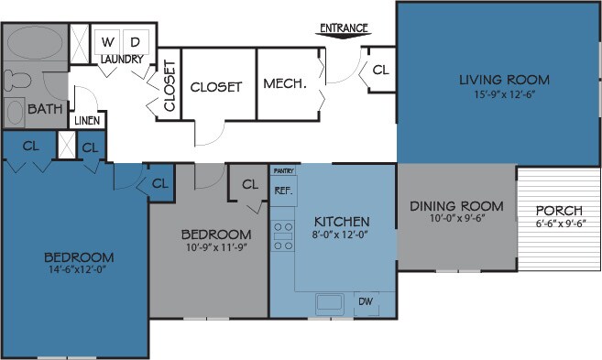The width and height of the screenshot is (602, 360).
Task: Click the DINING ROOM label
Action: (455, 204)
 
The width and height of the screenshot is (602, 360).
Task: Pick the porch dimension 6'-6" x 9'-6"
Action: (560, 223)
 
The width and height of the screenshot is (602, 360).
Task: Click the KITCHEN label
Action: (341, 222)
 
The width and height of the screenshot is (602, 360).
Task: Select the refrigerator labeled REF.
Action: (282, 191)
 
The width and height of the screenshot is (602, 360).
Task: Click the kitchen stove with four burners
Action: (282, 235)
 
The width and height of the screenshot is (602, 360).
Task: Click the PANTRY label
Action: (281, 171)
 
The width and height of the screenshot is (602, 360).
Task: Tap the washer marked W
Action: (108, 42)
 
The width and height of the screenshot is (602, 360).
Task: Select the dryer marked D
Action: (134, 42)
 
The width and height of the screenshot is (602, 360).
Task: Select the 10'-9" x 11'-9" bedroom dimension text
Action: (215, 247)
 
